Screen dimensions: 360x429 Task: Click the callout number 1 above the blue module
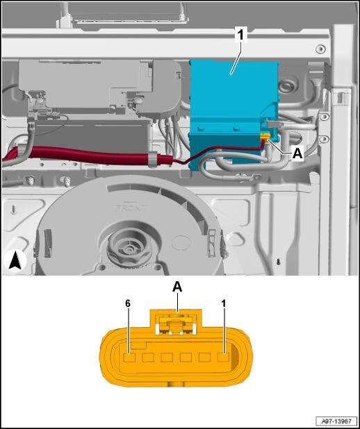tap(241, 36)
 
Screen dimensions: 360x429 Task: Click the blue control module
tap(234, 115)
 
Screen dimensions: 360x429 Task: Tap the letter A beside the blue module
tap(297, 154)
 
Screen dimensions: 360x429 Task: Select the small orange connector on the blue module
tap(265, 136)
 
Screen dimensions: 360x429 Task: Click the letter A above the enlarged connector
tap(177, 287)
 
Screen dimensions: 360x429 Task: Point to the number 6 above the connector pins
tap(128, 303)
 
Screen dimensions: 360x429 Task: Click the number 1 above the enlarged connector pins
tap(224, 303)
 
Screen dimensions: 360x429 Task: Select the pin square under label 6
tap(129, 357)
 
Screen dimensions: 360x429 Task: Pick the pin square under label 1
tap(223, 357)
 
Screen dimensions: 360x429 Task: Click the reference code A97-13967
tap(336, 421)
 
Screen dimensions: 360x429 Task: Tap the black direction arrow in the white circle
tap(15, 260)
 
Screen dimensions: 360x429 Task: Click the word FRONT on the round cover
tap(131, 208)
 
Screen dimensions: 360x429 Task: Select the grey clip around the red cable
tap(154, 158)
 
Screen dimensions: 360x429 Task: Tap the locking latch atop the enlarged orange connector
tap(176, 323)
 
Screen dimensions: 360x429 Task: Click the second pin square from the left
tap(148, 357)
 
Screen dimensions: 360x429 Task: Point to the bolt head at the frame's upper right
tap(320, 49)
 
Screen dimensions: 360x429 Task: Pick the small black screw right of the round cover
tap(279, 261)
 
